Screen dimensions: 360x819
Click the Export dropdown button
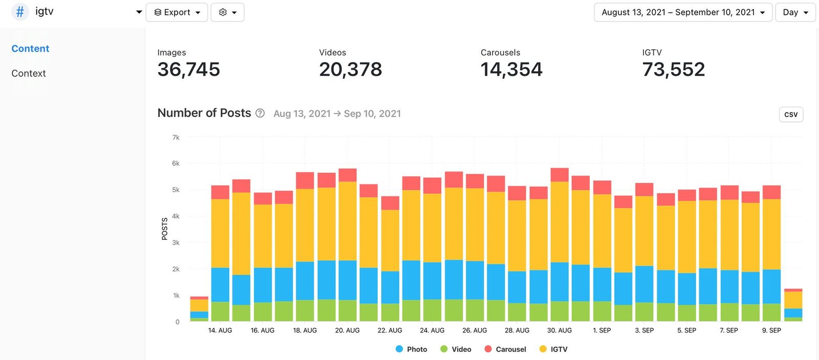click(x=177, y=12)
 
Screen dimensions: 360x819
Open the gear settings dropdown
click(x=227, y=12)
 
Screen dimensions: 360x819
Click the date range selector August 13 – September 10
click(x=683, y=12)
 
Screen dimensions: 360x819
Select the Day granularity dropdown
click(x=795, y=12)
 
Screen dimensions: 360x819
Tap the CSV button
click(x=791, y=114)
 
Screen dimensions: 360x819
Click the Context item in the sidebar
click(x=29, y=73)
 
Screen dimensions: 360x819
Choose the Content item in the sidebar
click(x=30, y=49)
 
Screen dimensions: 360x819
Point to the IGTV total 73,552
click(x=673, y=70)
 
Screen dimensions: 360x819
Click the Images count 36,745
click(x=188, y=70)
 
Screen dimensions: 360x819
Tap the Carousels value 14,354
click(x=511, y=70)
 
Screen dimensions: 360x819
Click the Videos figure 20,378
click(x=350, y=70)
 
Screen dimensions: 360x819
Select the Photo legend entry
click(x=412, y=349)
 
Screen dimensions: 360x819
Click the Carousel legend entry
click(x=505, y=349)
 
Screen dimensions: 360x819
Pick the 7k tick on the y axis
click(x=176, y=137)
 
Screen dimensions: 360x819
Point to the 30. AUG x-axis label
click(x=559, y=330)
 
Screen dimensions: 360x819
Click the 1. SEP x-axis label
click(x=601, y=330)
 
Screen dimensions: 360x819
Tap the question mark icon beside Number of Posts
click(x=260, y=113)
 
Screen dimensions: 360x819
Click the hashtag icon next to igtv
click(x=20, y=12)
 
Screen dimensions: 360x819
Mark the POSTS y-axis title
click(x=164, y=228)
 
